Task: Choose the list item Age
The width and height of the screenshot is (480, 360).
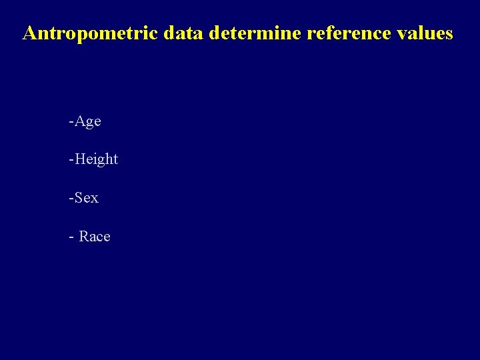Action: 87,121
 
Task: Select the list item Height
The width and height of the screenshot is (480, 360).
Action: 96,159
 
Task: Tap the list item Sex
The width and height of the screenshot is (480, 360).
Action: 86,198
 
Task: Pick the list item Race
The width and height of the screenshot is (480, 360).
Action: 95,237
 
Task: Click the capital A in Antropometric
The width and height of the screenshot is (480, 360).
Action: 29,33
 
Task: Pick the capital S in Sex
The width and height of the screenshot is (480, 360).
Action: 78,198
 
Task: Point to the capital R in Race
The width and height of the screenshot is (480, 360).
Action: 84,237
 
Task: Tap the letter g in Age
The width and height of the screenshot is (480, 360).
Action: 88,123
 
